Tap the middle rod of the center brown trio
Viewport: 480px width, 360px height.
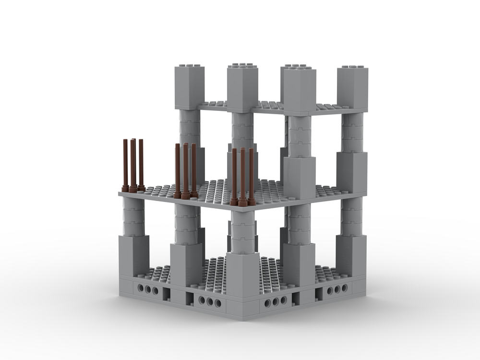(x=185, y=170)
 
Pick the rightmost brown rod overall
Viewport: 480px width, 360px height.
(x=251, y=175)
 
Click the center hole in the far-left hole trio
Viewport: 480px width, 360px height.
(x=148, y=290)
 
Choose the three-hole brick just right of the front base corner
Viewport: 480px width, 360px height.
(x=276, y=302)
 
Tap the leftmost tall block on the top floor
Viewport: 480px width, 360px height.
(x=189, y=86)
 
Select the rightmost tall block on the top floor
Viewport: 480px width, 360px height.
(x=352, y=87)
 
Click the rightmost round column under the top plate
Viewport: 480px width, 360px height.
(x=352, y=132)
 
